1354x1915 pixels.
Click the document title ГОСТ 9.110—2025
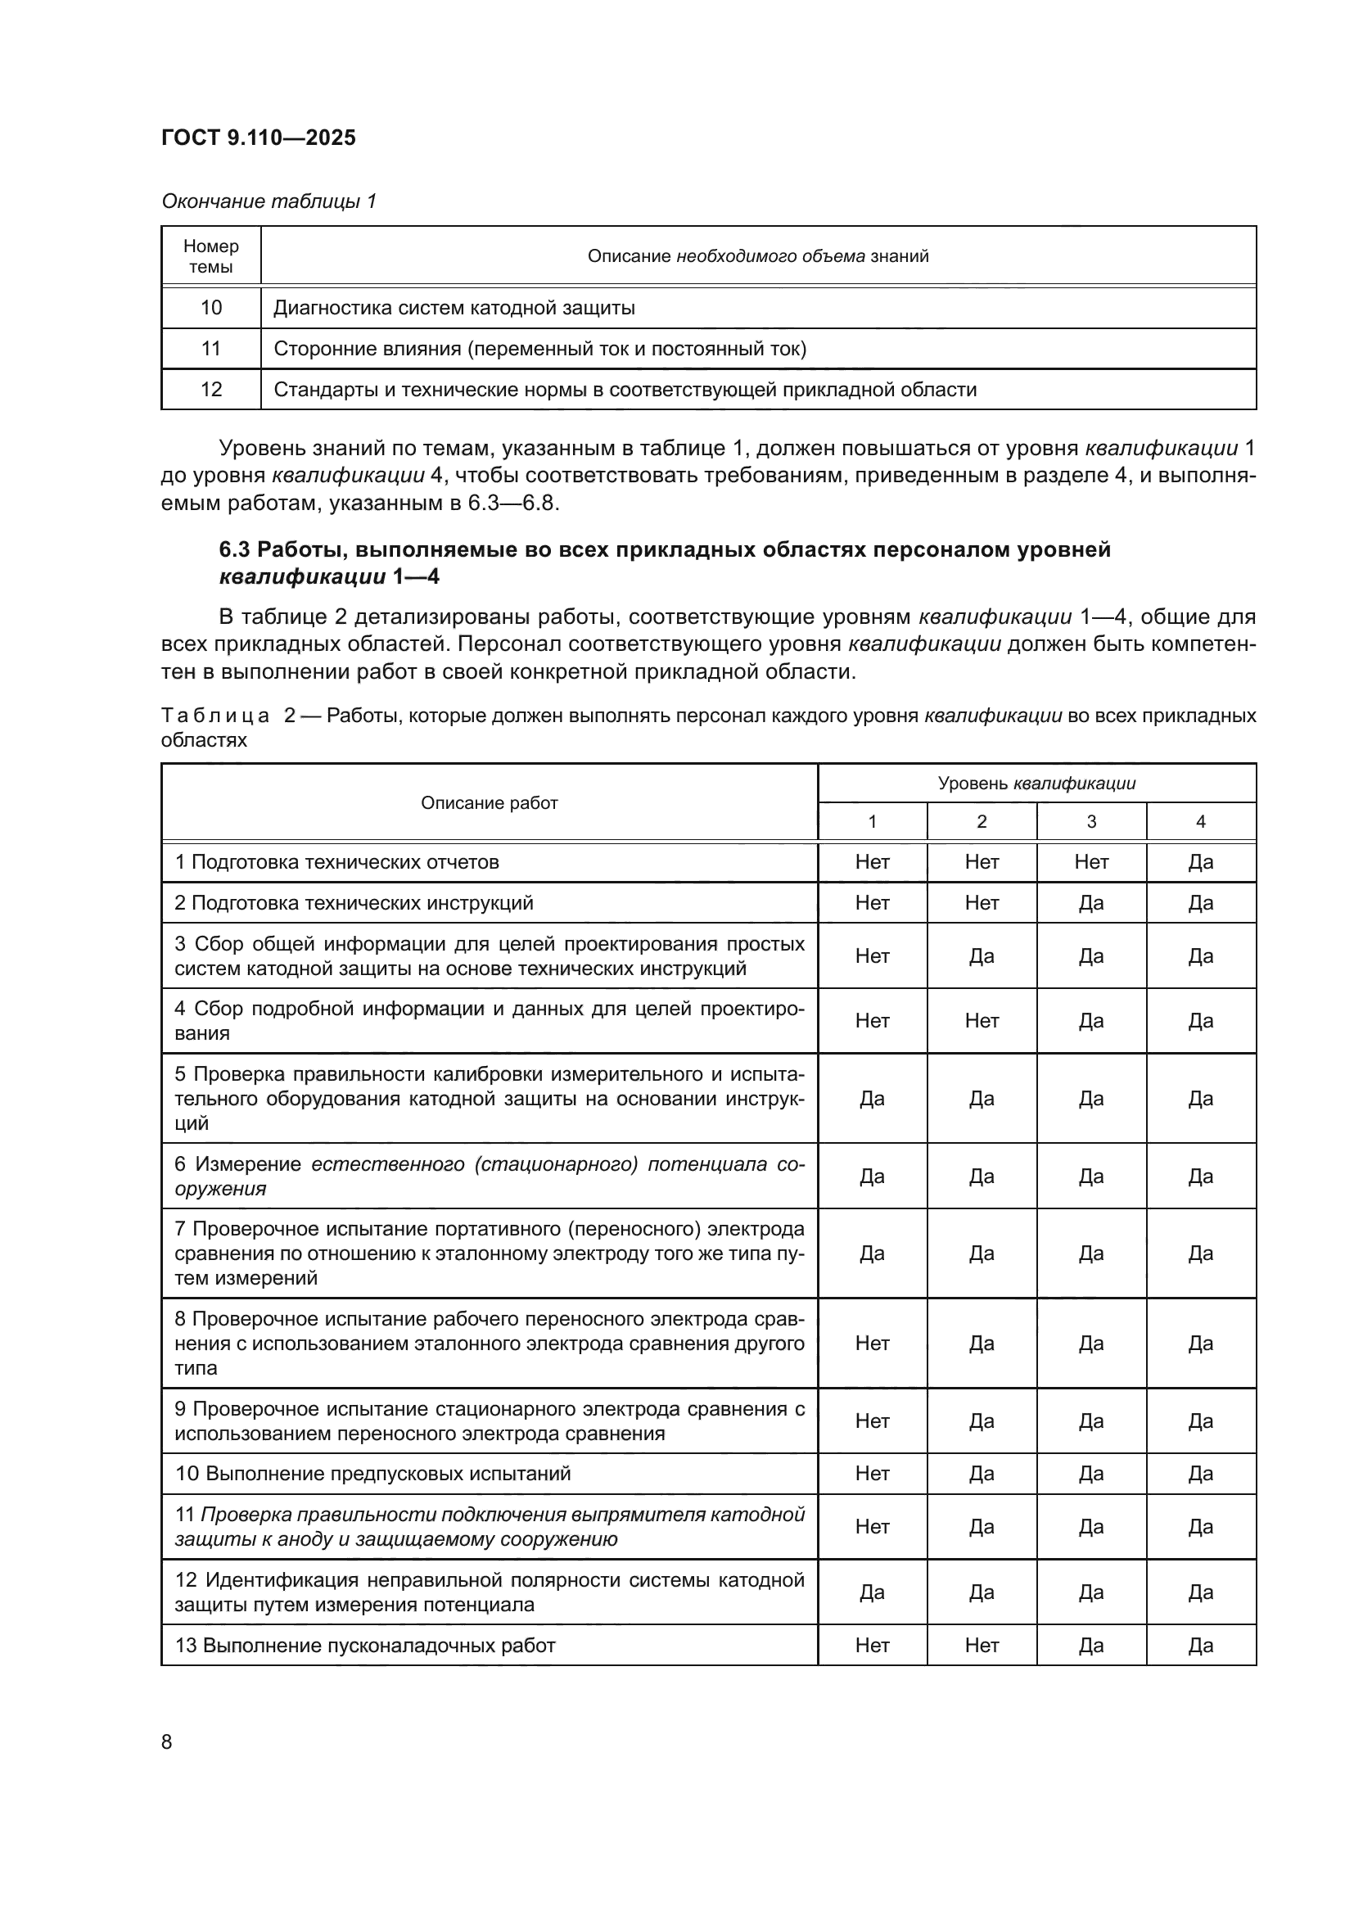[259, 138]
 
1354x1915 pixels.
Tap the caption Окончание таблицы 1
[269, 201]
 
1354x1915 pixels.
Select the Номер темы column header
[211, 256]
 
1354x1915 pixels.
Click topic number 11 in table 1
[211, 349]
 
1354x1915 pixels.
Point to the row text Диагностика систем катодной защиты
[454, 308]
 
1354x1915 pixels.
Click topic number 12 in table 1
[211, 390]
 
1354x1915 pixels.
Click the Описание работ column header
[489, 802]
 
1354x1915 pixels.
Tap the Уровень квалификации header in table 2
[1036, 784]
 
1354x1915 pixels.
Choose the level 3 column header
[1090, 821]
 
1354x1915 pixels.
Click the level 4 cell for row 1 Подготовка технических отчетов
[1200, 862]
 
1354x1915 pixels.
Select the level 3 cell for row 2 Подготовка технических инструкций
[1090, 903]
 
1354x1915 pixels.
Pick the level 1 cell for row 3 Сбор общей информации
[871, 955]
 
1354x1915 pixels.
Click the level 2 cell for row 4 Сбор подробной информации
[982, 1021]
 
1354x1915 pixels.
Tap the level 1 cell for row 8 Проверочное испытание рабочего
[871, 1343]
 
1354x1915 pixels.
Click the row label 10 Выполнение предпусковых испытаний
[372, 1474]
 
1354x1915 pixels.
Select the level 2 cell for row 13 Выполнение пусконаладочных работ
[982, 1646]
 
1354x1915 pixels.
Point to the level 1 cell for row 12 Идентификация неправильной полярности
[871, 1592]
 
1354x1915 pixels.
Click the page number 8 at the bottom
[167, 1741]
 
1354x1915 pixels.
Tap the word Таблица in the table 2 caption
[215, 716]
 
